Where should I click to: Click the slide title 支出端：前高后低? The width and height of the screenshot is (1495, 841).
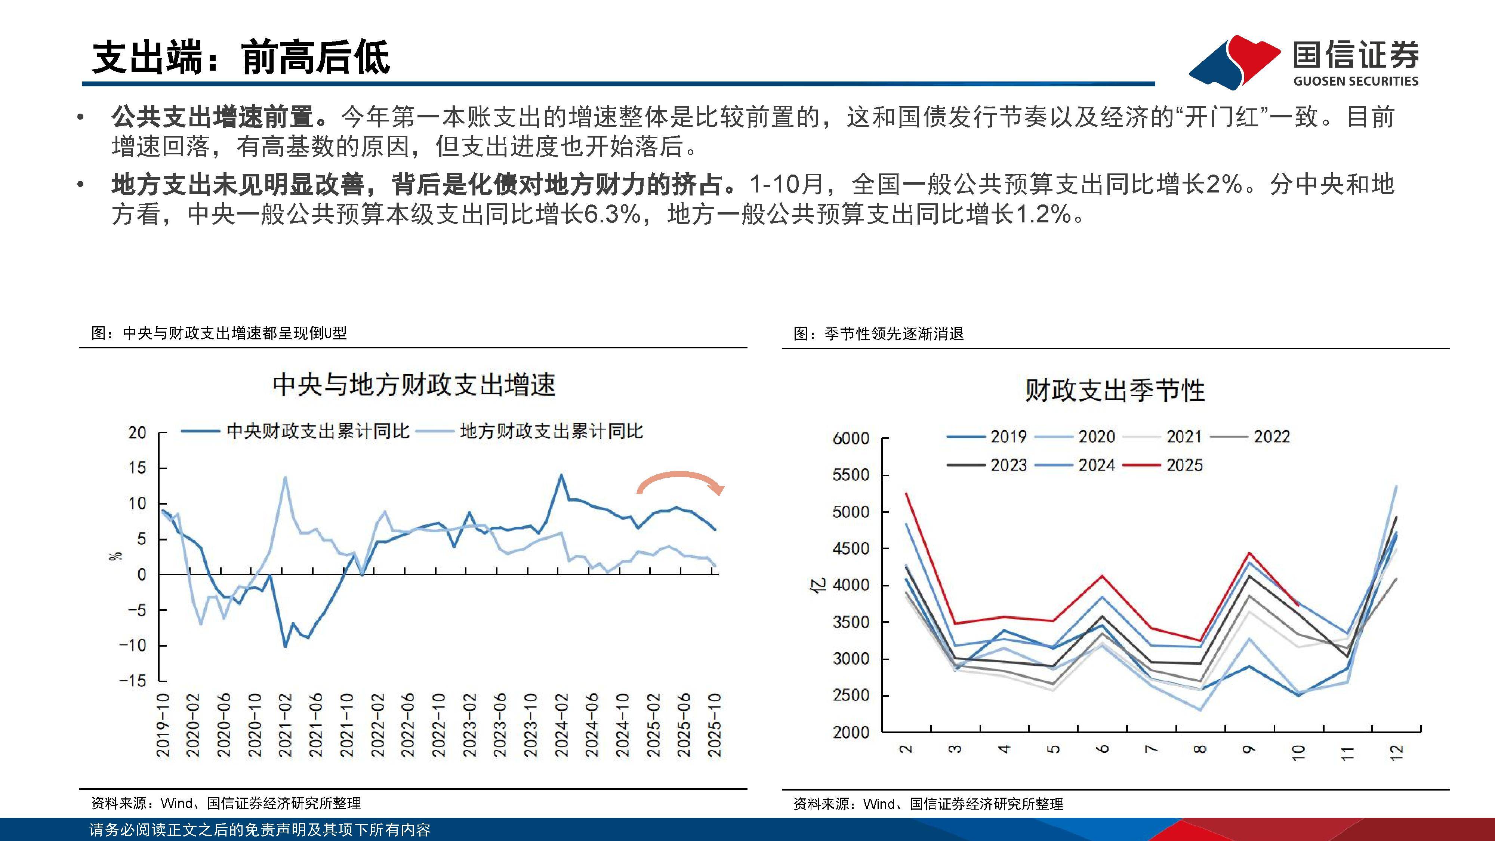[241, 58]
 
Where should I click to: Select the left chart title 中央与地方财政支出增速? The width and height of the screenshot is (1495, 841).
[414, 385]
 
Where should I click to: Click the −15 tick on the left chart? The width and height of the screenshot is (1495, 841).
[133, 681]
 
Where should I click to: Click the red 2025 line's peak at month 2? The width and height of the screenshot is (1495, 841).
[906, 494]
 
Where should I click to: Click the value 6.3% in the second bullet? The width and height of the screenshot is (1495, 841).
[612, 215]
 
